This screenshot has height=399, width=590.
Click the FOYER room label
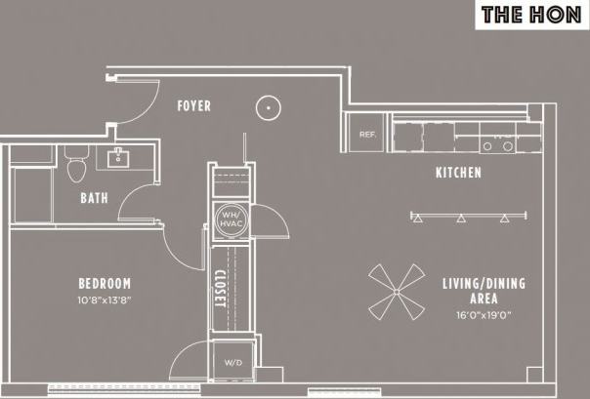pyautogui.click(x=193, y=105)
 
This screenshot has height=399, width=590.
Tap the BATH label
pyautogui.click(x=94, y=198)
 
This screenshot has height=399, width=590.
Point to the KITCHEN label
pyautogui.click(x=458, y=174)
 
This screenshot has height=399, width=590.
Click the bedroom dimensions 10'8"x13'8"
pyautogui.click(x=105, y=300)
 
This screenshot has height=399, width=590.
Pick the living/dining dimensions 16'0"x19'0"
pyautogui.click(x=483, y=314)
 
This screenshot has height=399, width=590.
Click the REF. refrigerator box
pyautogui.click(x=367, y=135)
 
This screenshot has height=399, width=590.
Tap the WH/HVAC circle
pyautogui.click(x=231, y=220)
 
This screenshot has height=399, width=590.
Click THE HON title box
pyautogui.click(x=532, y=15)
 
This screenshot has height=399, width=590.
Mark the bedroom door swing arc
pyautogui.click(x=182, y=255)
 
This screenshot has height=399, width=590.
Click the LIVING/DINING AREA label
pyautogui.click(x=483, y=291)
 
